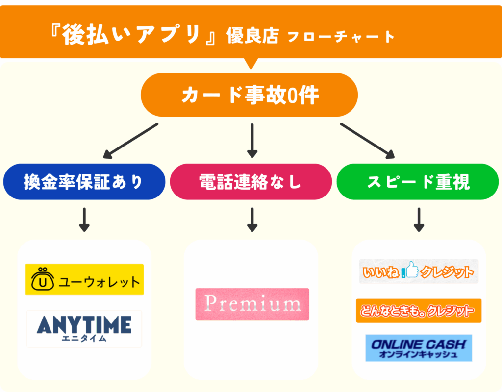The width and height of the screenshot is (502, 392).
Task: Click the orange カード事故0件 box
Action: (250, 95)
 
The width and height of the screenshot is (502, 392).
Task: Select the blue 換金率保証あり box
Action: (84, 182)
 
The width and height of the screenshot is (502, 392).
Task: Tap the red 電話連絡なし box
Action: (251, 182)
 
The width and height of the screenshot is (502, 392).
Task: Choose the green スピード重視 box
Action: (418, 182)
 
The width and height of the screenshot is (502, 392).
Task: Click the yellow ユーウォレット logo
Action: (84, 280)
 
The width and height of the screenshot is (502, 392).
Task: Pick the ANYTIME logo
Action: (84, 328)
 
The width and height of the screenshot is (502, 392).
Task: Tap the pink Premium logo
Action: (252, 304)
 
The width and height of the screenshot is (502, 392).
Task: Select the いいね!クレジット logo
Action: (418, 271)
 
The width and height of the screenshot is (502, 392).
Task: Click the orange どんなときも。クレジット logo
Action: (418, 311)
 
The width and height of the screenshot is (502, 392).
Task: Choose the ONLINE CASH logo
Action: (418, 348)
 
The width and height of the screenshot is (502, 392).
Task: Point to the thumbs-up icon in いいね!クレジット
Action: (411, 270)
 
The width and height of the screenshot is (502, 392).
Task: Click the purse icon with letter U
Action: (43, 280)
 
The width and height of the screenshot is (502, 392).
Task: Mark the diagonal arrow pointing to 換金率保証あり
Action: (131, 142)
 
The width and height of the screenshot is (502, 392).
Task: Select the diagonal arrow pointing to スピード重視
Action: (368, 141)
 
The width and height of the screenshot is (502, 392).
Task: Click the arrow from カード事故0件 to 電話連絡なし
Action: (252, 141)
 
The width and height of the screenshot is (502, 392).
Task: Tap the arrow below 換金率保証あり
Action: (84, 220)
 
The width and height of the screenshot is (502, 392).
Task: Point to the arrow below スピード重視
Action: (418, 220)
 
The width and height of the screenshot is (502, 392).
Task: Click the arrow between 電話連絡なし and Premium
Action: (252, 220)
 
